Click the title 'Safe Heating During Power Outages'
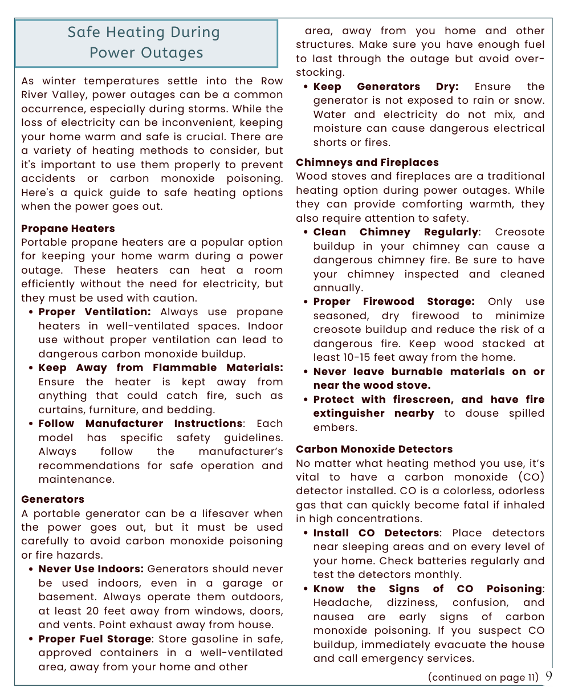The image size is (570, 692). click(x=146, y=43)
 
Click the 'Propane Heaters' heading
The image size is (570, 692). click(x=68, y=229)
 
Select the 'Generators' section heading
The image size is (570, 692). click(x=52, y=499)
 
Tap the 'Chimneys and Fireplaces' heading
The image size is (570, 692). click(x=367, y=162)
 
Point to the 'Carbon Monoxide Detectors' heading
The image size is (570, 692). click(x=374, y=449)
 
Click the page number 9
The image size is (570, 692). click(x=548, y=676)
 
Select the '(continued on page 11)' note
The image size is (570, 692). click(x=483, y=677)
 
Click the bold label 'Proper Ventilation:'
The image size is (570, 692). click(x=95, y=312)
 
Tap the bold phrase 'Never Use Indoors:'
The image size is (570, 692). click(x=91, y=569)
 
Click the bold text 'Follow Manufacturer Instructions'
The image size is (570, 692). click(x=140, y=424)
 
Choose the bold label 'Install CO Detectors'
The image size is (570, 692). click(x=376, y=533)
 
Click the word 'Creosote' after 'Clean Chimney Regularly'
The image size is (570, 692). click(x=519, y=232)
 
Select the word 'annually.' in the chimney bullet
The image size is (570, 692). click(x=337, y=288)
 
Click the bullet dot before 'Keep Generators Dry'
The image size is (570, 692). click(x=306, y=87)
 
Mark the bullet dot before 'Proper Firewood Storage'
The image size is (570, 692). click(x=306, y=302)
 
